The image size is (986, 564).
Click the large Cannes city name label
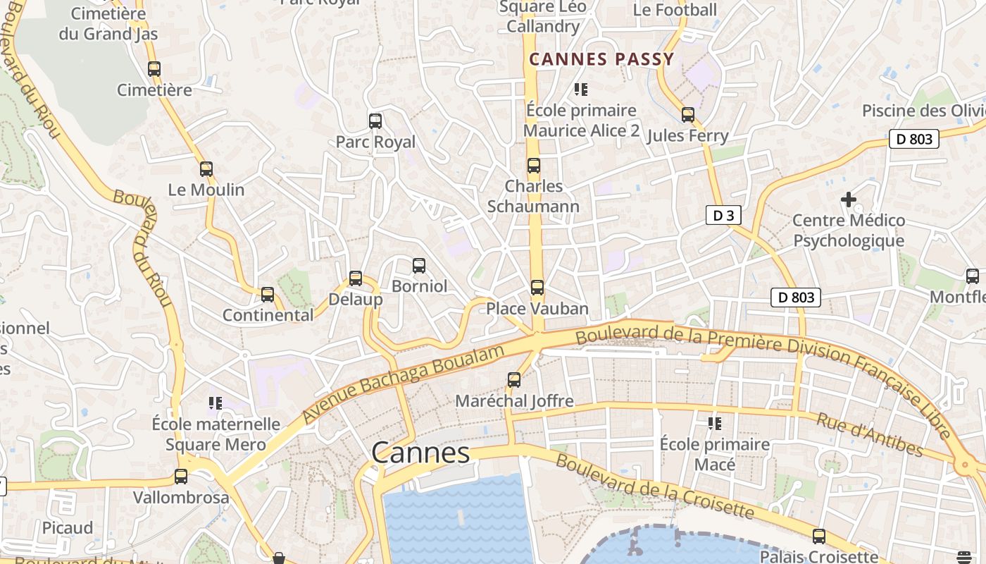[420, 453]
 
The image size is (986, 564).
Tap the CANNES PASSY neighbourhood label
[601, 59]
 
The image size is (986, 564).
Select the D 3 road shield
[723, 216]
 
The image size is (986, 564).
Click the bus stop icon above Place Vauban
[537, 288]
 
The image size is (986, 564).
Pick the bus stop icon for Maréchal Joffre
[514, 380]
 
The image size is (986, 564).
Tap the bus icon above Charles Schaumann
[534, 166]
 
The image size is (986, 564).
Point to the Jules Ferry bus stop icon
[688, 115]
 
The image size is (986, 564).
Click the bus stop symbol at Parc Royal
[375, 121]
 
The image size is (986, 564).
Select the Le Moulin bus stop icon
[206, 169]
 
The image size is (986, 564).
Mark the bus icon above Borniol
[419, 266]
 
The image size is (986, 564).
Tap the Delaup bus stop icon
[356, 278]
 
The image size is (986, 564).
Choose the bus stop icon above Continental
[268, 295]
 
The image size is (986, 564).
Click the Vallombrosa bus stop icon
[181, 477]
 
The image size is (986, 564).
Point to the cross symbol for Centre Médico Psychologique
[849, 200]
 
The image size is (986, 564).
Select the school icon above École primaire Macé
[715, 424]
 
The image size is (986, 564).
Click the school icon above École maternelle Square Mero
[216, 403]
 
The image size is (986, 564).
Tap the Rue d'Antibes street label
[869, 434]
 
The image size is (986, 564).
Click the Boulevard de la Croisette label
[654, 486]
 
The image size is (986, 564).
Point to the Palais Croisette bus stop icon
[819, 537]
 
